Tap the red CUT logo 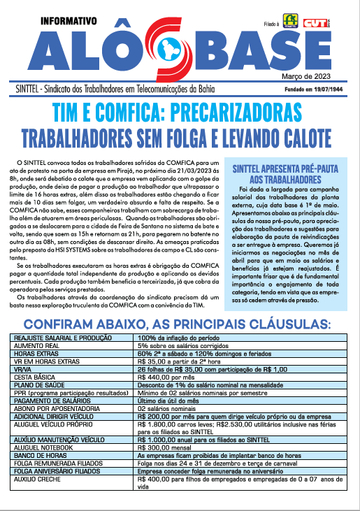click(x=315, y=22)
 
